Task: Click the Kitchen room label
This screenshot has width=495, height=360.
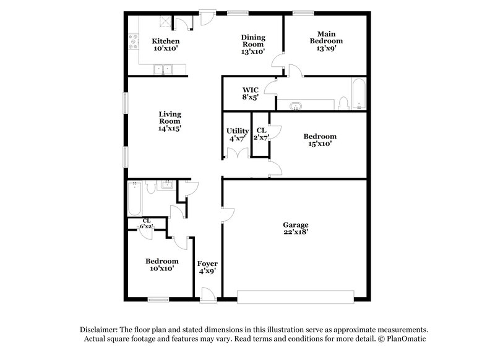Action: [165, 45]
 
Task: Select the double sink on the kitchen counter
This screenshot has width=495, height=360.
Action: [163, 69]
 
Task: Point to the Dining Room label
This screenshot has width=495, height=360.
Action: [252, 45]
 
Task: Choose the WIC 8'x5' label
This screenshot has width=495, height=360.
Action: [249, 93]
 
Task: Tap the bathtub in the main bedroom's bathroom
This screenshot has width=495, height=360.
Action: [358, 94]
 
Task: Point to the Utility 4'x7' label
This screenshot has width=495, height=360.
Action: [237, 134]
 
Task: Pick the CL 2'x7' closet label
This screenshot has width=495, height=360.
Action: [260, 134]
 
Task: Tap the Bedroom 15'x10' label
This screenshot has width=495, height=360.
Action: [319, 140]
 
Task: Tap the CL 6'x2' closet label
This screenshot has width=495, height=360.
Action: [147, 224]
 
